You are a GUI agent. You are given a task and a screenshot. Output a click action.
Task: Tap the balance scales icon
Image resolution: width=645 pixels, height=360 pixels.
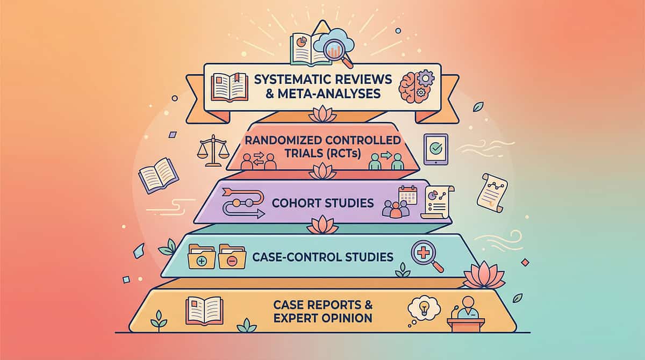213,150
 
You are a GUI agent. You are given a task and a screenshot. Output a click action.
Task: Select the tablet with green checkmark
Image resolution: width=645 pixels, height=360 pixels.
436,149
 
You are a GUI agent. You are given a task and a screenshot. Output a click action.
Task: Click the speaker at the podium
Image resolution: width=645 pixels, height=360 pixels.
466,314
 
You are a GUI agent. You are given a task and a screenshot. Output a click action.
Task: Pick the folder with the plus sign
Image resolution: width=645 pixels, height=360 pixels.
202,257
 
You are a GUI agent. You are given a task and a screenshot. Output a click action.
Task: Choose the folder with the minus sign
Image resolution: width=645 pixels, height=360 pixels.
232,257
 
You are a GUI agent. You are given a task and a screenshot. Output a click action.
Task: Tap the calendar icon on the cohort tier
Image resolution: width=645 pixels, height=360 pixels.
408,195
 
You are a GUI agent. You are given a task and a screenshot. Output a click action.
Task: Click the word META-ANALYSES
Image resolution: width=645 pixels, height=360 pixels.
329,94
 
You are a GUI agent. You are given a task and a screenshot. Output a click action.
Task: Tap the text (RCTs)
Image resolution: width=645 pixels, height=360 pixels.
344,154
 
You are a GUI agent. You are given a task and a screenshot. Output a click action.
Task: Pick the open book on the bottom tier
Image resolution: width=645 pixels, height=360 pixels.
204,311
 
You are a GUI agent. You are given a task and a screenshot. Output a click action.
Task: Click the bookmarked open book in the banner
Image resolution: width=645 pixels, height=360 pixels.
230,88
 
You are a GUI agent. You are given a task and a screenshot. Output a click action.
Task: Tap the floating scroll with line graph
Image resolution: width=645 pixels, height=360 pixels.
492,193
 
